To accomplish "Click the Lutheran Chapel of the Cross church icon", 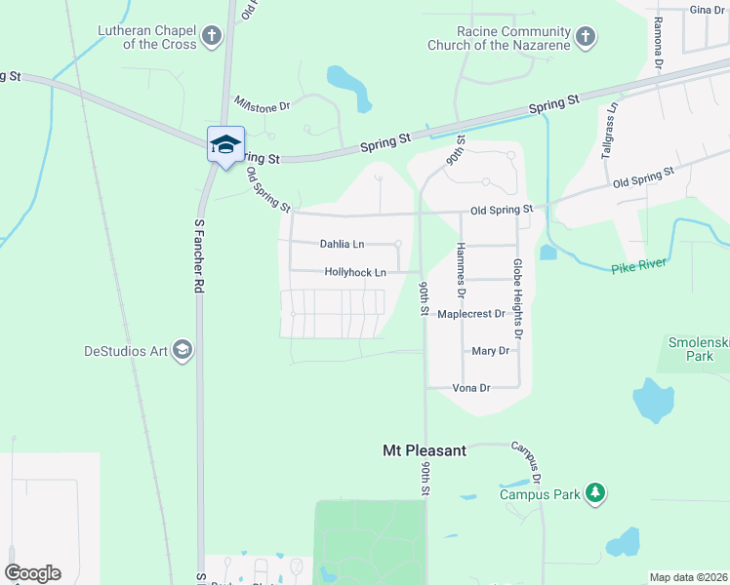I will [x=211, y=38].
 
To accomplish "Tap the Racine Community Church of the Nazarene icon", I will [x=585, y=38].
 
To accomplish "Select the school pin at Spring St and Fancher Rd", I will [x=225, y=145].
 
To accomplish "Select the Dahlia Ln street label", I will [x=342, y=244].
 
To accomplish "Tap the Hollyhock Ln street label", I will [x=355, y=273].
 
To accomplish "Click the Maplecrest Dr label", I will [x=471, y=314].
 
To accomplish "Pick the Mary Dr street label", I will [x=490, y=351].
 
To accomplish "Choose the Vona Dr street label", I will [x=470, y=387].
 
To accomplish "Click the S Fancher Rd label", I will [x=198, y=256].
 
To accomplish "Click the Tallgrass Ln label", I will [x=610, y=136].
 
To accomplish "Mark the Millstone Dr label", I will [x=263, y=104].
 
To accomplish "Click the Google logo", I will [x=32, y=573].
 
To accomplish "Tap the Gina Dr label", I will [x=707, y=10].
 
